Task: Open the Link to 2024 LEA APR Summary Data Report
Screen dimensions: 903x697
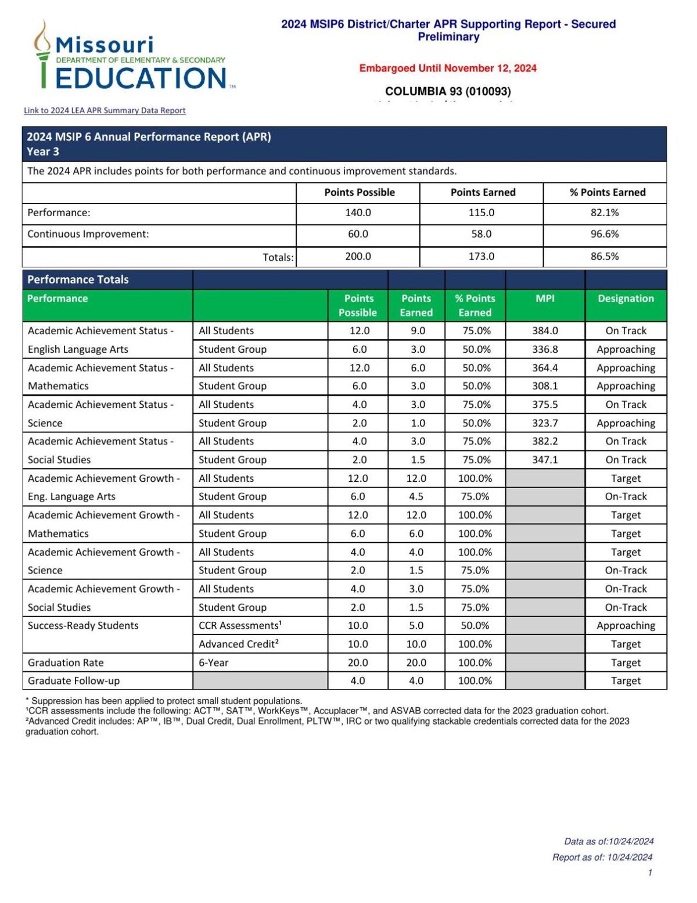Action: pos(105,110)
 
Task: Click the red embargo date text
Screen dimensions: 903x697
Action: pos(448,69)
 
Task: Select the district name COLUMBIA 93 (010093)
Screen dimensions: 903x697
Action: pos(448,91)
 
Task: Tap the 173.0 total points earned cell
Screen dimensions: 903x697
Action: pos(481,256)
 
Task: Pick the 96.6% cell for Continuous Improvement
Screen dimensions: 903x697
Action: pos(605,234)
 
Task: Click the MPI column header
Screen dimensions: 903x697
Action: pos(545,299)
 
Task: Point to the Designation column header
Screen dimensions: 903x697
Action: pos(626,299)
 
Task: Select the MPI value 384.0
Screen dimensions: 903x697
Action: pos(545,331)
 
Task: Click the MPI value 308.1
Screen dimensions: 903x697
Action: pos(545,386)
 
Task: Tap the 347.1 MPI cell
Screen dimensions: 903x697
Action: pos(545,460)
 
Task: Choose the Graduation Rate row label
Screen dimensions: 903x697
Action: pos(66,662)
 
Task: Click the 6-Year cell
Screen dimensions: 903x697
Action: pos(214,662)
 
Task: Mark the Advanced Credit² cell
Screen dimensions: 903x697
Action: pos(239,644)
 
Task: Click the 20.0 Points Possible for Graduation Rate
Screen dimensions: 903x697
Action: pos(358,662)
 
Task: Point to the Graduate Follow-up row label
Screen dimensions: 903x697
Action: pos(74,680)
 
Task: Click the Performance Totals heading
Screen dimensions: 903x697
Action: pos(78,279)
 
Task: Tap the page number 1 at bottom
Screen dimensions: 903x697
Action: pos(650,872)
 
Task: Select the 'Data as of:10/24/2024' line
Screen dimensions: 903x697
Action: pos(609,841)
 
